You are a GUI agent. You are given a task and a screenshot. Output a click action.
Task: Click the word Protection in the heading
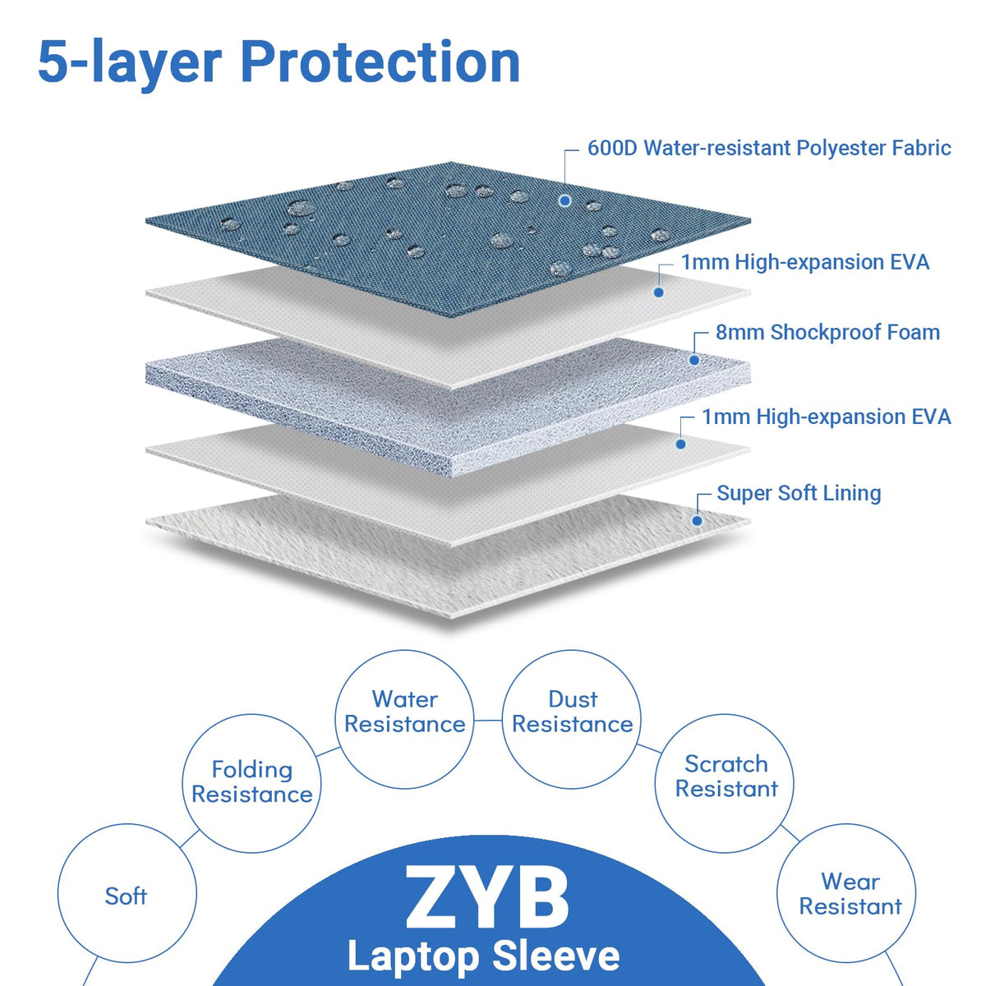(x=380, y=62)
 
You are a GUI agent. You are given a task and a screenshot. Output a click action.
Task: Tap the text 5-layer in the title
(x=130, y=64)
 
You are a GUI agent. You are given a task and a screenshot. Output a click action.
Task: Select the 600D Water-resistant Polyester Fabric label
(x=769, y=148)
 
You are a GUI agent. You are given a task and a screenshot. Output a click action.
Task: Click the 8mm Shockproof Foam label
(x=827, y=332)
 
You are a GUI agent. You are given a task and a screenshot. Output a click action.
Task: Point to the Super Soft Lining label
(x=799, y=493)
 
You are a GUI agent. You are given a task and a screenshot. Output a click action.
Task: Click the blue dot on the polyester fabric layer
(x=564, y=201)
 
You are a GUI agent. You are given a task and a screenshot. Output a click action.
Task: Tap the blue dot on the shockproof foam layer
(x=694, y=360)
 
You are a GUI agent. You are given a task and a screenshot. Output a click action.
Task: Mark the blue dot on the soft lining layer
(x=697, y=521)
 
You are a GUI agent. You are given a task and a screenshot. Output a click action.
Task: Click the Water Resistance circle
(x=405, y=650)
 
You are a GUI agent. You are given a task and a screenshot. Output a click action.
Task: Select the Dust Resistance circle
(x=572, y=650)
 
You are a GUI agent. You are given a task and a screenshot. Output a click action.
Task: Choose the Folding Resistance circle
(x=251, y=715)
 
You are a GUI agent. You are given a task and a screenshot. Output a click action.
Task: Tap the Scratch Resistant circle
(x=725, y=714)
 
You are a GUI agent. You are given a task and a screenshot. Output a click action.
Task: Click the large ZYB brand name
(x=486, y=900)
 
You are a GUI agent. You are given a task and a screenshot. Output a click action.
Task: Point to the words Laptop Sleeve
(x=483, y=956)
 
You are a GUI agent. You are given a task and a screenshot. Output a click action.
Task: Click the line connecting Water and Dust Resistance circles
(x=488, y=721)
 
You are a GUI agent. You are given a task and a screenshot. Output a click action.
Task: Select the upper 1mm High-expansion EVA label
(x=805, y=262)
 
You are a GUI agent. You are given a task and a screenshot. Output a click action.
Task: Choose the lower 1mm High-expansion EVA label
(x=827, y=417)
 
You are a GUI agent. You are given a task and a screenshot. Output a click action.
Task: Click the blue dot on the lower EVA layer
(x=680, y=445)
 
